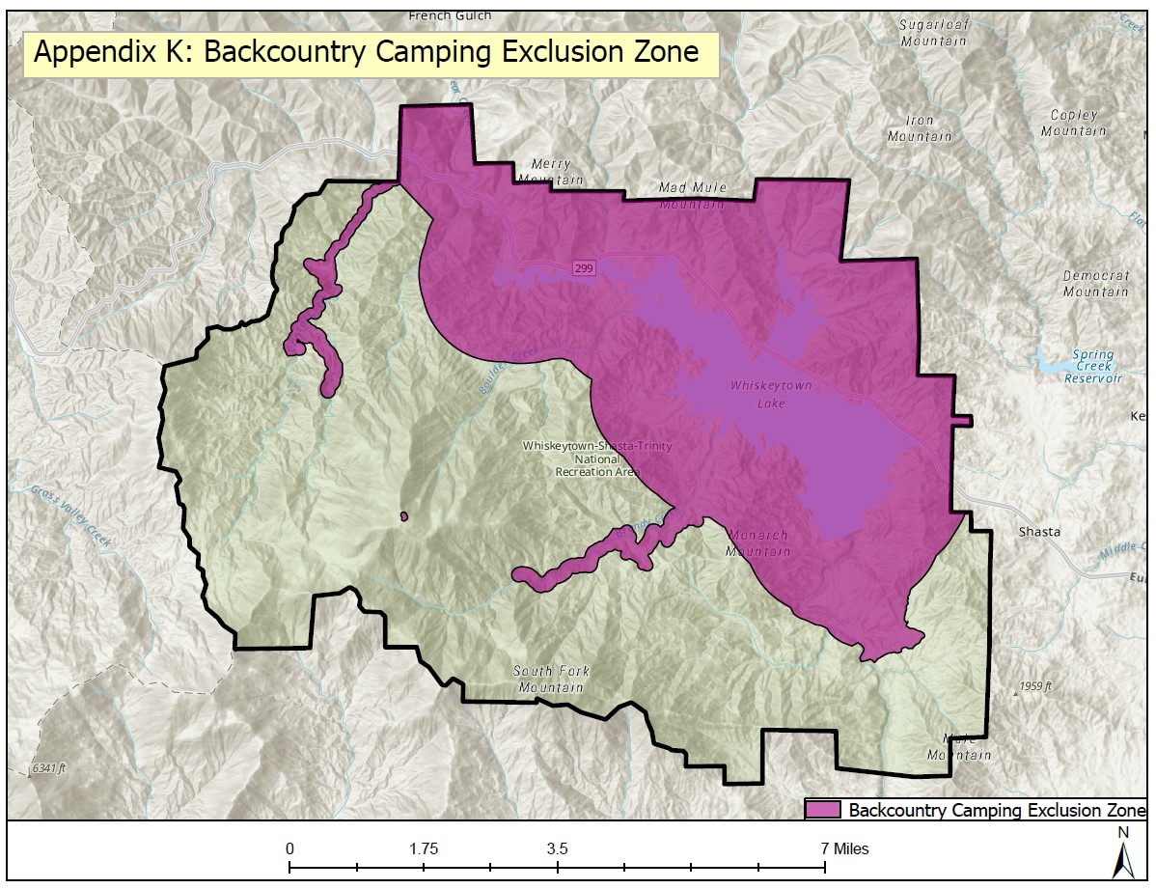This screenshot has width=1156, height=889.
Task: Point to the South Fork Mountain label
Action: pyautogui.click(x=551, y=680)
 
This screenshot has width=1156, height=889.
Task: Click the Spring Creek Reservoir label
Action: pyautogui.click(x=1093, y=366)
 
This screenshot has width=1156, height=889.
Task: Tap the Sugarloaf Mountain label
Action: pyautogui.click(x=933, y=32)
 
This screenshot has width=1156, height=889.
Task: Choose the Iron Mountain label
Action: pyautogui.click(x=920, y=128)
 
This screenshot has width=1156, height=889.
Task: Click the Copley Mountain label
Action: pyautogui.click(x=1074, y=123)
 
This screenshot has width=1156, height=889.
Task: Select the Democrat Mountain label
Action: pyautogui.click(x=1096, y=283)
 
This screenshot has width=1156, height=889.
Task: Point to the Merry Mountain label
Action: pyautogui.click(x=550, y=172)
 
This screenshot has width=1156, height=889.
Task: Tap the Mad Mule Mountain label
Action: pyautogui.click(x=692, y=195)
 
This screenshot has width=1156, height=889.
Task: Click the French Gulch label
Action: pyautogui.click(x=450, y=15)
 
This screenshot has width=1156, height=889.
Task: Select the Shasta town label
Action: pyautogui.click(x=1039, y=532)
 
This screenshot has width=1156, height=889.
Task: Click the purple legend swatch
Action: pyautogui.click(x=823, y=809)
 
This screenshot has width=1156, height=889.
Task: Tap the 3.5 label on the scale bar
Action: pyautogui.click(x=557, y=849)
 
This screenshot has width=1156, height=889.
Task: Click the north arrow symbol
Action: pyautogui.click(x=1122, y=855)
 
